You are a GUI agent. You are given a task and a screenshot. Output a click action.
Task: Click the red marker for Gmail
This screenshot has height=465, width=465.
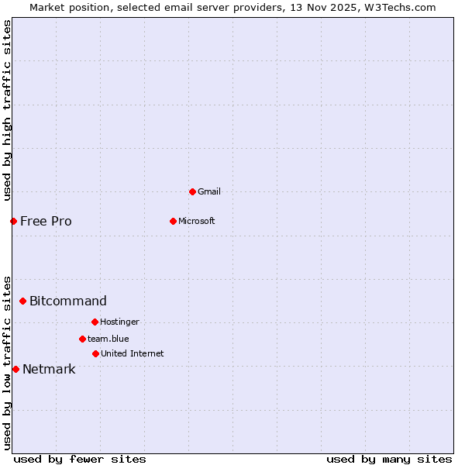[192, 191]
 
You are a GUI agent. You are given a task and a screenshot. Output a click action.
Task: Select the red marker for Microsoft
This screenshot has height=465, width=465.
[173, 221]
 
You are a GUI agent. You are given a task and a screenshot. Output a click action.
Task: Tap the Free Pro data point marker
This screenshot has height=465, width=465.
[13, 221]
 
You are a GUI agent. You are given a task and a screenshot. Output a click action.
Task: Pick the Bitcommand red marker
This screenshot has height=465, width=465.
[22, 301]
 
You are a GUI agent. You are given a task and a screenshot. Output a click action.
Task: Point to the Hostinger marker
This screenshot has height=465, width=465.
[95, 322]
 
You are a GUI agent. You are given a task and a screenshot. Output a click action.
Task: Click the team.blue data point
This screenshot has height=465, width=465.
[82, 339]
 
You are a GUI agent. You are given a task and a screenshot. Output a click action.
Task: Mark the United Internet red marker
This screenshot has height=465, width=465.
[95, 353]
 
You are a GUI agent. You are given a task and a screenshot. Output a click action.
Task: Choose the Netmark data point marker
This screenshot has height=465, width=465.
[15, 369]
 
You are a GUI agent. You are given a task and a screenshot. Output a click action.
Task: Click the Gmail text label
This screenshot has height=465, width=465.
[209, 191]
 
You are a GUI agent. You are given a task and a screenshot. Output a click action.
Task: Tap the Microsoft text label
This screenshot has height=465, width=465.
[196, 221]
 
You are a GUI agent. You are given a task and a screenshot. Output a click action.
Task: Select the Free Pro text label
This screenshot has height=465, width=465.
[46, 221]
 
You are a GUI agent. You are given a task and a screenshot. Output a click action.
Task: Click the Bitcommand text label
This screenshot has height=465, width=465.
[68, 301]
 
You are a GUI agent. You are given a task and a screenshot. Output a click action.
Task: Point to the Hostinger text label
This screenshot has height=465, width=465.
[119, 322]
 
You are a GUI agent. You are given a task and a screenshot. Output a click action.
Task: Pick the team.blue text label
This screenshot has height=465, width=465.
[108, 339]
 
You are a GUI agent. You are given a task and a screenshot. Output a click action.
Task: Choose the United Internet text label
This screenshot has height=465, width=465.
[132, 353]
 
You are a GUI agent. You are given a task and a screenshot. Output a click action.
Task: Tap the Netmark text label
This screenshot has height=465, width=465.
[49, 369]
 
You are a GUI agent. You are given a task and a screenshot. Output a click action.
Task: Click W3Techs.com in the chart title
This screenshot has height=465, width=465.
[400, 7]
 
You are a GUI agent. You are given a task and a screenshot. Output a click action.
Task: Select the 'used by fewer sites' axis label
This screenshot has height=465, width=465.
[79, 459]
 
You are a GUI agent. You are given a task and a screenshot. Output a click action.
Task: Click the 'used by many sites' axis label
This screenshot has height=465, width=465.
[389, 459]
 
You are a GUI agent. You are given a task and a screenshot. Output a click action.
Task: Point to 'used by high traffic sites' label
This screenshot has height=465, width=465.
[7, 110]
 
